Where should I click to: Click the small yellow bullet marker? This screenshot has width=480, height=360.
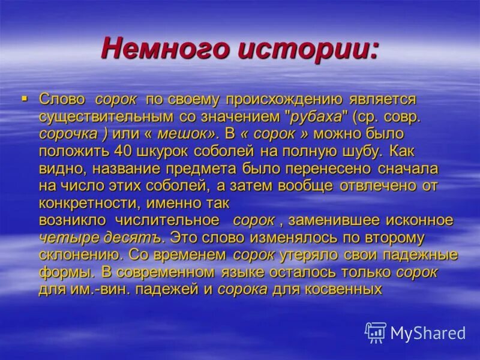(x=25, y=97)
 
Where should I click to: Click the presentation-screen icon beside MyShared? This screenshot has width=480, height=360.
(x=376, y=332)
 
